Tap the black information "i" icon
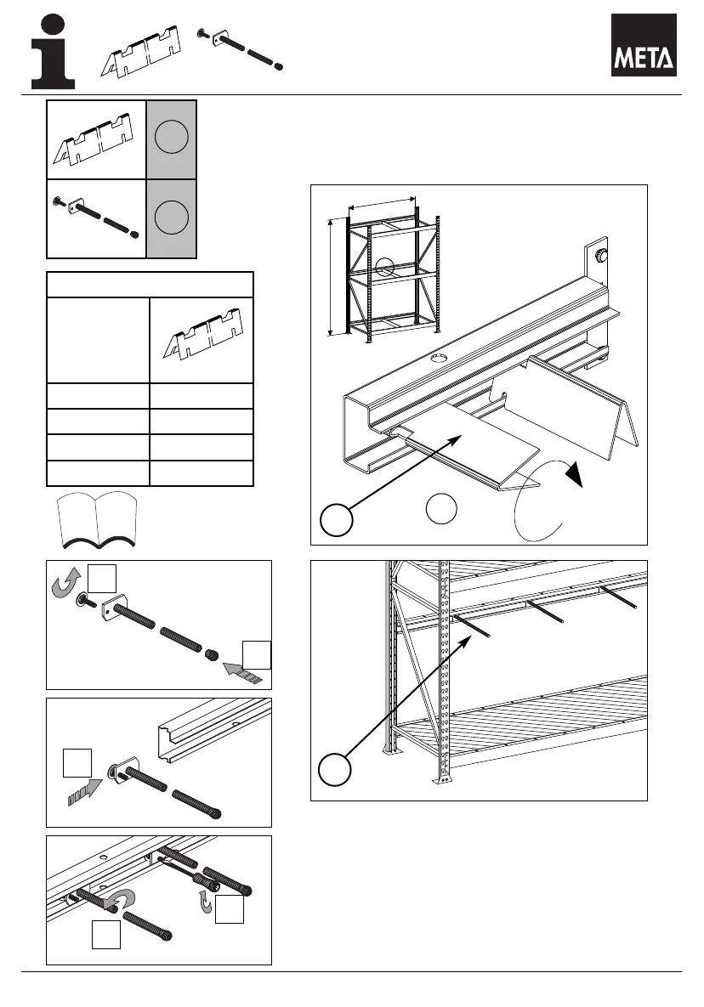click(x=53, y=52)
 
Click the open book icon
click(x=97, y=521)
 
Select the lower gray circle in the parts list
click(x=172, y=218)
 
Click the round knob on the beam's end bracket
click(x=601, y=254)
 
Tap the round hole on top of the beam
click(x=439, y=360)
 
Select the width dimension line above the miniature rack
click(x=383, y=203)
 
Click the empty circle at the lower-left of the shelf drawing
click(x=335, y=770)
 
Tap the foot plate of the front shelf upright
click(x=442, y=778)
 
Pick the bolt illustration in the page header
click(x=240, y=48)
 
